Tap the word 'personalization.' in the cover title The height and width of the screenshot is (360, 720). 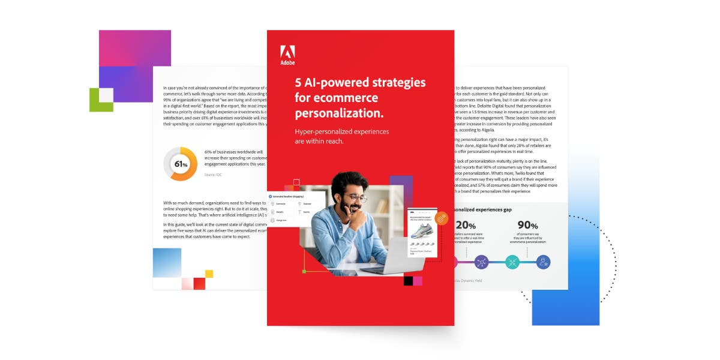coord(339,113)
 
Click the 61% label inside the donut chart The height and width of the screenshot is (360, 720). coord(181,164)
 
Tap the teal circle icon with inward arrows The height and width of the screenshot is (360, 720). coord(512,262)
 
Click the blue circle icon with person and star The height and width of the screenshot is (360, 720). coord(543,262)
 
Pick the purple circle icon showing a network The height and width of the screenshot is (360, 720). coord(481,262)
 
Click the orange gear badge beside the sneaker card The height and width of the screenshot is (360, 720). coord(443,220)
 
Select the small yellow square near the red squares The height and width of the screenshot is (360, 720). coord(209,274)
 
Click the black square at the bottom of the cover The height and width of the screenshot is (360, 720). coord(409,280)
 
